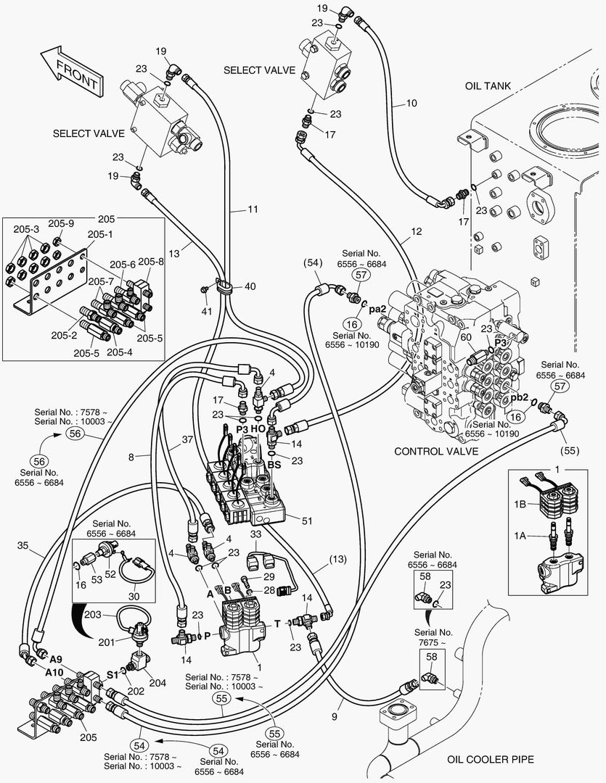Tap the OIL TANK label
pyautogui.click(x=488, y=86)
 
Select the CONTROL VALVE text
pyautogui.click(x=436, y=451)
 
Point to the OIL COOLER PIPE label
pyautogui.click(x=491, y=759)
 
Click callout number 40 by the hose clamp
pyautogui.click(x=250, y=286)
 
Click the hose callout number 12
pyautogui.click(x=416, y=232)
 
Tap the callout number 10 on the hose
pyautogui.click(x=411, y=103)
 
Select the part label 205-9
pyautogui.click(x=61, y=223)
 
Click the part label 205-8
pyautogui.click(x=151, y=261)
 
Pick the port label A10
pyautogui.click(x=54, y=672)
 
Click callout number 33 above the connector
pyautogui.click(x=255, y=534)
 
